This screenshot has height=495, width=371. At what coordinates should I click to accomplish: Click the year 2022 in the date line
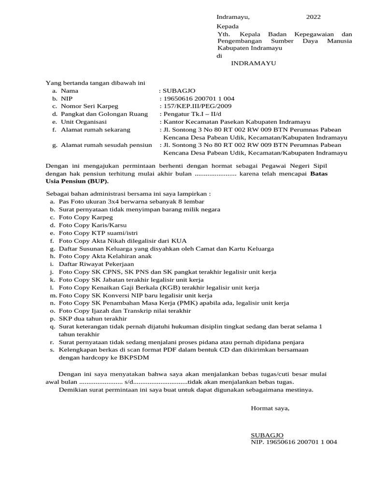tap(313, 17)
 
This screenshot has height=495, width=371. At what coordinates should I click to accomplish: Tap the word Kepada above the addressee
tap(228, 26)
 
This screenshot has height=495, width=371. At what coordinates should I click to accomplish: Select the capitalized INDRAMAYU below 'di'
tap(254, 63)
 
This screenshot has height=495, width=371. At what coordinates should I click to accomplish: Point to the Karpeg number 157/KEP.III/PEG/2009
tap(198, 106)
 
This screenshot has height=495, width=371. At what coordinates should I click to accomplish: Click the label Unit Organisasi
tap(84, 122)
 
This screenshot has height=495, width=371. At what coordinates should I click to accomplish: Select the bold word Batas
tap(319, 174)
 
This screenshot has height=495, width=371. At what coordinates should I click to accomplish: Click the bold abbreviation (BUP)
tap(98, 181)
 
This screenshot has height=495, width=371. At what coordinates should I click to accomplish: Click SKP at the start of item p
tap(65, 319)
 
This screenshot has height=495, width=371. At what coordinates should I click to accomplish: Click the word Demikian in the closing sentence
tap(71, 389)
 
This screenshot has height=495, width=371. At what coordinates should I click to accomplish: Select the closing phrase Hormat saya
tap(270, 408)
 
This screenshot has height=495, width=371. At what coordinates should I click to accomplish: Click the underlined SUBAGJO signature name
tap(267, 435)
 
